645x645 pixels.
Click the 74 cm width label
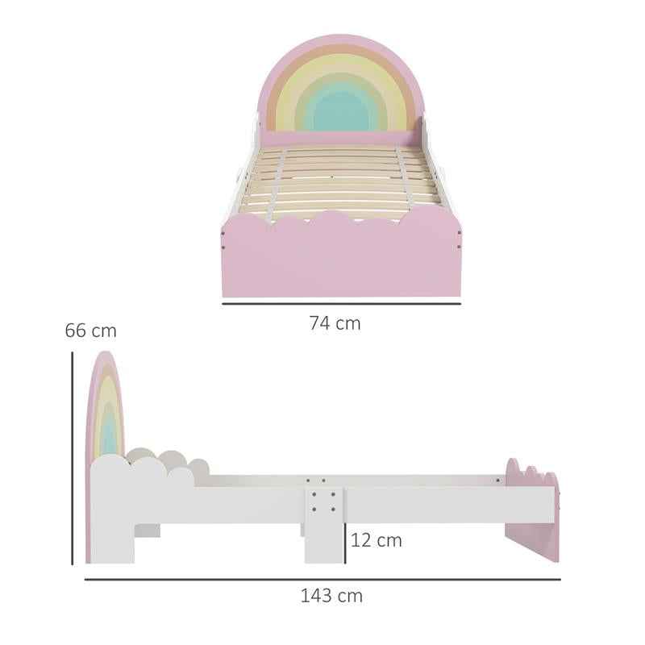(335, 323)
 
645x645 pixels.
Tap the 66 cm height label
(90, 331)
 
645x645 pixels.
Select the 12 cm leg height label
(377, 540)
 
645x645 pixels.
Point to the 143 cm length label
(331, 596)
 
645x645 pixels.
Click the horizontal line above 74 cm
(340, 304)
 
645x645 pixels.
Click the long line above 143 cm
(322, 579)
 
